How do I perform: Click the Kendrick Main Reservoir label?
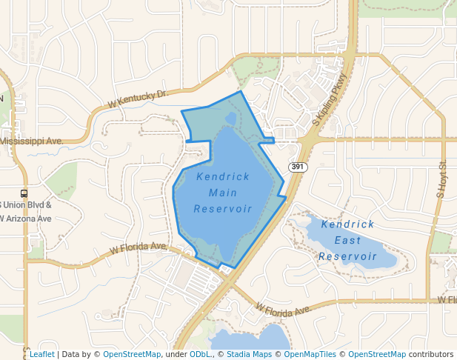[223, 193]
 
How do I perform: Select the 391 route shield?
[298, 167]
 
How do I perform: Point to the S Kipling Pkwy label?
[330, 98]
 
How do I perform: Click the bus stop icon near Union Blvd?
[24, 194]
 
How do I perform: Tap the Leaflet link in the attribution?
[41, 354]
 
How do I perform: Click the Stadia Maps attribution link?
[249, 354]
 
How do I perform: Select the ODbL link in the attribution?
[200, 354]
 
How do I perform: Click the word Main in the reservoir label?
[223, 193]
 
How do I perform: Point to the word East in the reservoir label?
[348, 240]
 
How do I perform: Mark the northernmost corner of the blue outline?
[241, 92]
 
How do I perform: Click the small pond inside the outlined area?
[230, 119]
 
